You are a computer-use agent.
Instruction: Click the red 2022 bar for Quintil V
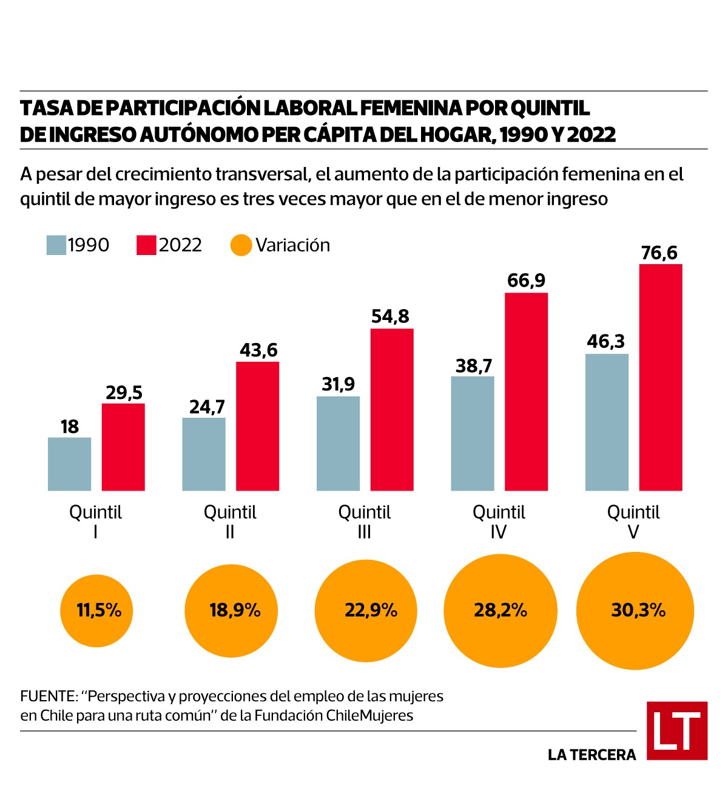pyautogui.click(x=661, y=377)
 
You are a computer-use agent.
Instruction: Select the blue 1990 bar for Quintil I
pyautogui.click(x=70, y=464)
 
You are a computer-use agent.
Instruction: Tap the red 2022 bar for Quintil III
pyautogui.click(x=392, y=409)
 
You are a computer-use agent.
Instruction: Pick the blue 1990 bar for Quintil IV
pyautogui.click(x=473, y=434)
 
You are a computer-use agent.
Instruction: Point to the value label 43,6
pyautogui.click(x=258, y=350)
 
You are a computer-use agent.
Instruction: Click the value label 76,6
pyautogui.click(x=659, y=253)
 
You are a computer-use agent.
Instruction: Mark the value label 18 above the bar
pyautogui.click(x=70, y=426)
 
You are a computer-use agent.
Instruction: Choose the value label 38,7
pyautogui.click(x=474, y=366)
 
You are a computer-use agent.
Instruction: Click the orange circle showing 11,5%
pyautogui.click(x=96, y=610)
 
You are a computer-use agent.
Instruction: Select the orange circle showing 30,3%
pyautogui.click(x=635, y=610)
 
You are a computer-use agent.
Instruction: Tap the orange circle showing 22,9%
pyautogui.click(x=366, y=610)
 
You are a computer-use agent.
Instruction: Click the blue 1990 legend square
pyautogui.click(x=56, y=245)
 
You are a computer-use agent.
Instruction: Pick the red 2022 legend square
pyautogui.click(x=146, y=245)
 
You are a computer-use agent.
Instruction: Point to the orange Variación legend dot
pyautogui.click(x=241, y=245)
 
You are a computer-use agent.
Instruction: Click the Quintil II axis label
pyautogui.click(x=230, y=522)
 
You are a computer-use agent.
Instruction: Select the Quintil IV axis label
pyautogui.click(x=499, y=522)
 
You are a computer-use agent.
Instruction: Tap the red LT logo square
pyautogui.click(x=676, y=730)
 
